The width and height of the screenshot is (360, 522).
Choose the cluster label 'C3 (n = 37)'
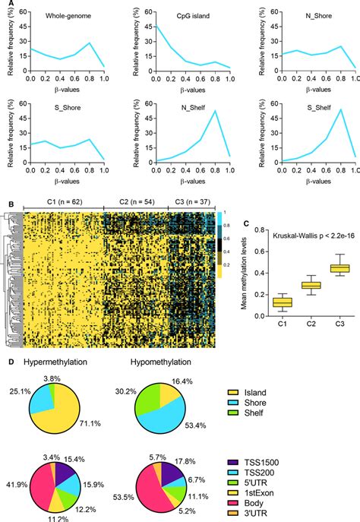click(188, 204)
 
